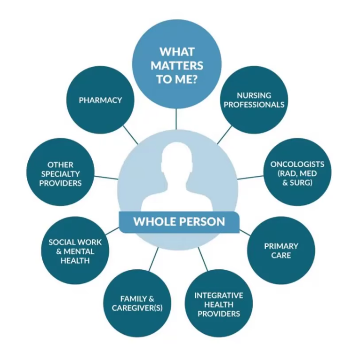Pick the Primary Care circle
click(281, 250)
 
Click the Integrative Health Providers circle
click(218, 304)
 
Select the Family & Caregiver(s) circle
click(137, 304)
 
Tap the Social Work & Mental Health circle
click(75, 250)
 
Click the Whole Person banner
click(179, 221)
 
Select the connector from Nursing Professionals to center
click(224, 135)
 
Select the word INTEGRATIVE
click(218, 295)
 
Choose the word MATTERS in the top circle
click(176, 65)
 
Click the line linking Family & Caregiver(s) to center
click(153, 260)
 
